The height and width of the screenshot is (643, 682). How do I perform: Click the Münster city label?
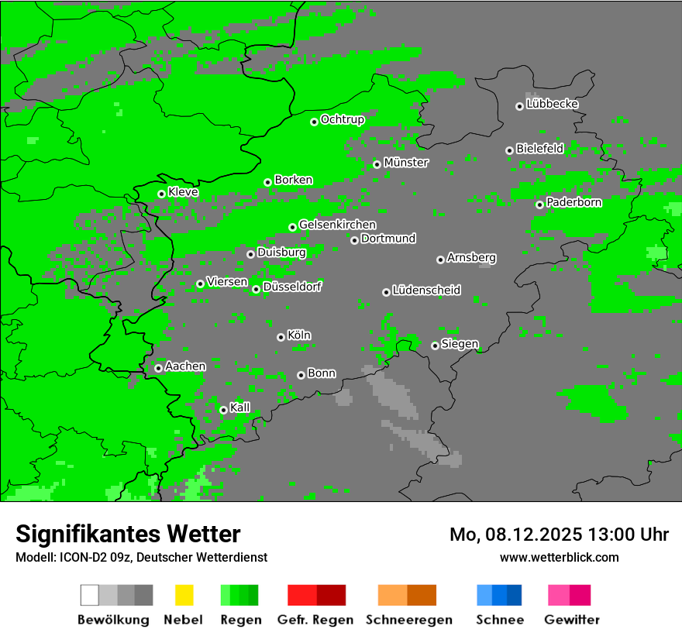[406, 163]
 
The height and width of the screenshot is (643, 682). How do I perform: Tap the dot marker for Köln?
[281, 337]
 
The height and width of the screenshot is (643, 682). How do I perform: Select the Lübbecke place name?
[552, 104]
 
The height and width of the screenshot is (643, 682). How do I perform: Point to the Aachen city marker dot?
[158, 368]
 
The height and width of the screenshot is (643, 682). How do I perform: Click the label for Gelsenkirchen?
[337, 225]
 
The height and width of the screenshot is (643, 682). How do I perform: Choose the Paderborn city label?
[573, 202]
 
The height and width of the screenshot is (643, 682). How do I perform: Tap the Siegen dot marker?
[435, 346]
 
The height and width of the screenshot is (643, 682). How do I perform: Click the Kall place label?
[240, 407]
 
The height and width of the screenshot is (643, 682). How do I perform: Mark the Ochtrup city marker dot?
[314, 122]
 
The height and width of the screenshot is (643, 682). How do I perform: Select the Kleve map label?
[183, 192]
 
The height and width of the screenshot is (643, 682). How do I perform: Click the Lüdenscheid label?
[426, 291]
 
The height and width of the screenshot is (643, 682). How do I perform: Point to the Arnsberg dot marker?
[440, 260]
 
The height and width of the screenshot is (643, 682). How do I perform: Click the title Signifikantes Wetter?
[128, 534]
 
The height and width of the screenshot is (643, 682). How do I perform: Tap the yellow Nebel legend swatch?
[184, 595]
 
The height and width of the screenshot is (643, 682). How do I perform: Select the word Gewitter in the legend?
[571, 620]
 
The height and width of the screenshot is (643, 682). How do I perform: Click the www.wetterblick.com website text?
[559, 557]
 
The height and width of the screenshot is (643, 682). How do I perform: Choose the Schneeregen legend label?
[407, 620]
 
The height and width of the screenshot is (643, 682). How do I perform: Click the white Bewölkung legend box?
[90, 595]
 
